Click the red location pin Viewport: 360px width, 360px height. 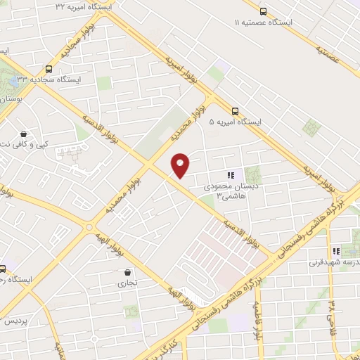coord(181,165)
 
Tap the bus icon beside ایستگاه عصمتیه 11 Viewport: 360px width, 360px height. coord(264,11)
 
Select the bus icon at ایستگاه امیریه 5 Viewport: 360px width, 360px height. coord(234,110)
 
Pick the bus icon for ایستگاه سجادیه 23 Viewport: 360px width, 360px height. coord(49,69)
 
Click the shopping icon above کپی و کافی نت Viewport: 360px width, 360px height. coord(24,134)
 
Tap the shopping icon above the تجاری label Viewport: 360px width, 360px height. coord(127,272)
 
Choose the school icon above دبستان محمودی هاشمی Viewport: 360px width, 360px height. coord(229,175)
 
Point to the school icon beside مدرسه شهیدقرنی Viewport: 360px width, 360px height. coord(335,251)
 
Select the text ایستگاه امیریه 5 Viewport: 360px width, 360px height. coord(235,122)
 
